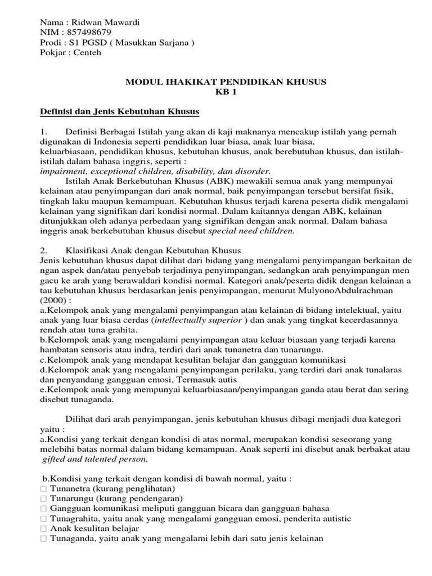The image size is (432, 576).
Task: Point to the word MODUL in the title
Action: (141, 82)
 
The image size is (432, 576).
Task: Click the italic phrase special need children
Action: (251, 230)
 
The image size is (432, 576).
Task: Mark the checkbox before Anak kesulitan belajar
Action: (43, 529)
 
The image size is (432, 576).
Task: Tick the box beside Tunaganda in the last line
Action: (43, 539)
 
